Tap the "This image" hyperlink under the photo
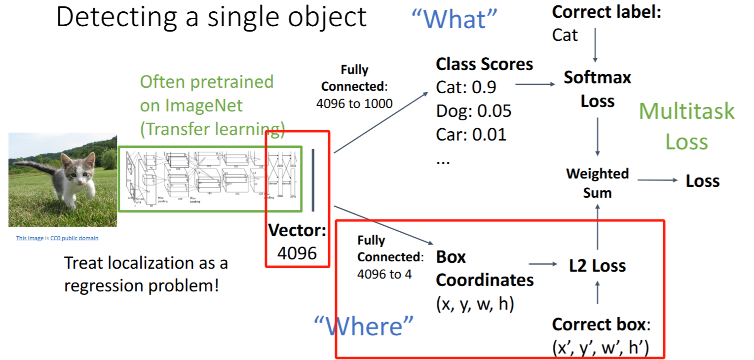[x=30, y=238]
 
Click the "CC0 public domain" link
[x=74, y=238]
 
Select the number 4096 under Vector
[x=297, y=252]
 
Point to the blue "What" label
[x=454, y=19]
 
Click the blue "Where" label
[x=364, y=326]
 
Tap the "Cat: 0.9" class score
[x=466, y=87]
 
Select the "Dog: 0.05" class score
[x=474, y=111]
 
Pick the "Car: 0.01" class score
[x=471, y=134]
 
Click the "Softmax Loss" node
[x=597, y=89]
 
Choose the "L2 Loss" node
[x=597, y=266]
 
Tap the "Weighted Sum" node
[x=597, y=183]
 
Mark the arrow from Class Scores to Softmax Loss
[x=535, y=84]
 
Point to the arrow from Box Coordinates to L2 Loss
[x=543, y=264]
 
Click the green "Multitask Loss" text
[x=686, y=126]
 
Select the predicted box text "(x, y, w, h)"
[x=475, y=304]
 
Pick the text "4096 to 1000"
[x=354, y=104]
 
